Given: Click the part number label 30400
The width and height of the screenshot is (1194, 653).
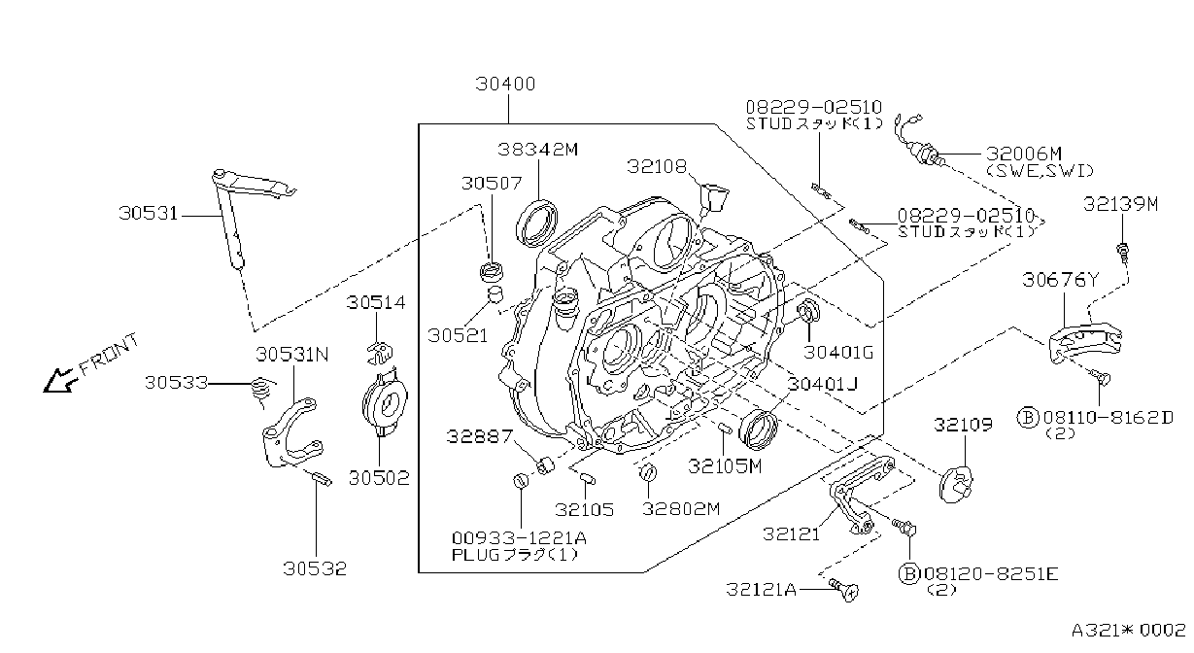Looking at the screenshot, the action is coord(505,84).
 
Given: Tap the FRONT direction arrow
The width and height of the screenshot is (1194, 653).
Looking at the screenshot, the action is coord(57,380).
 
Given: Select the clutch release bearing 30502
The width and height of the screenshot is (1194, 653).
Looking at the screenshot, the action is coord(385,405).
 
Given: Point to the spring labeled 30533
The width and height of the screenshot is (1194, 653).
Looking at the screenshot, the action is coord(262,392).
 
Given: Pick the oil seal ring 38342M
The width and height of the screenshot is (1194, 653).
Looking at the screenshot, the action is coord(537,223).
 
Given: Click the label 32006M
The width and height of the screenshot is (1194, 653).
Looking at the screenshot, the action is coord(1023,154).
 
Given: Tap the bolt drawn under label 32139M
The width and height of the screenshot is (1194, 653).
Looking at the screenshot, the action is coord(1121,254).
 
